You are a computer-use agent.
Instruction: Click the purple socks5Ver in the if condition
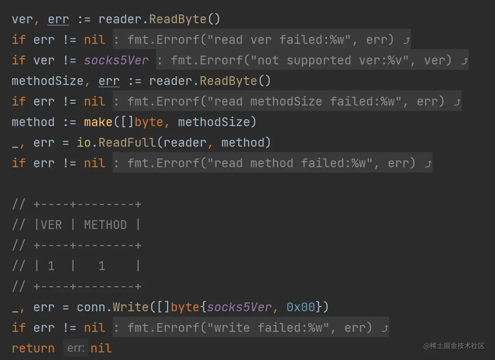(117, 60)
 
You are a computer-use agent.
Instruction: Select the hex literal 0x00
(301, 307)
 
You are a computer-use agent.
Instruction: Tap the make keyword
(98, 122)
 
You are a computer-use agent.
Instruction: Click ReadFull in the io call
(127, 142)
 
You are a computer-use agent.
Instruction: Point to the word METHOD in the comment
(105, 225)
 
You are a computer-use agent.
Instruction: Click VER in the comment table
(51, 225)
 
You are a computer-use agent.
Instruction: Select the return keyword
(33, 348)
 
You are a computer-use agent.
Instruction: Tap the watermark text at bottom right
(453, 346)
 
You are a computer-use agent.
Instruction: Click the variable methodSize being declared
(48, 81)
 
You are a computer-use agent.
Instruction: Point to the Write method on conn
(131, 307)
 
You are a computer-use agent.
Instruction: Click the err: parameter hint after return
(76, 348)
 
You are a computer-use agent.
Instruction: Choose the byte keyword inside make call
(149, 122)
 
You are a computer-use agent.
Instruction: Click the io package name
(84, 142)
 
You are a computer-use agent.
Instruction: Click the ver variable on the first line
(22, 19)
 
